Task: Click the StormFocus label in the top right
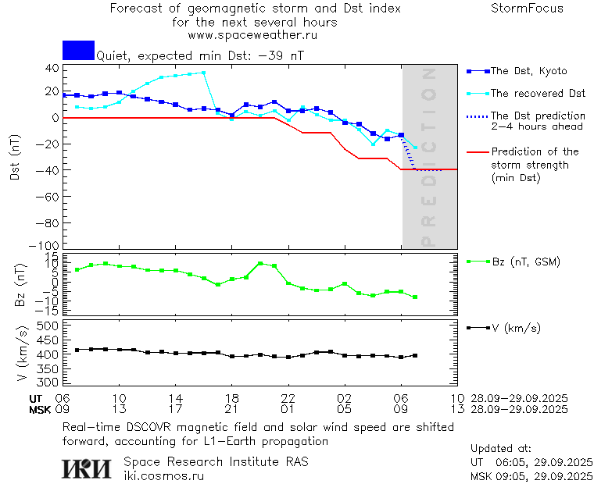pos(527,9)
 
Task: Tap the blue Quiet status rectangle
pos(78,50)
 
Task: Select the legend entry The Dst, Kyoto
pos(528,71)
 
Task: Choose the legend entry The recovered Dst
pos(538,94)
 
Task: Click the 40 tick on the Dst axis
pos(52,68)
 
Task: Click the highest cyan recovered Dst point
pos(203,73)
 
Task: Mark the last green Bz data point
pos(415,297)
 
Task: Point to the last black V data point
pos(415,355)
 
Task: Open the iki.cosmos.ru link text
pos(163,475)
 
